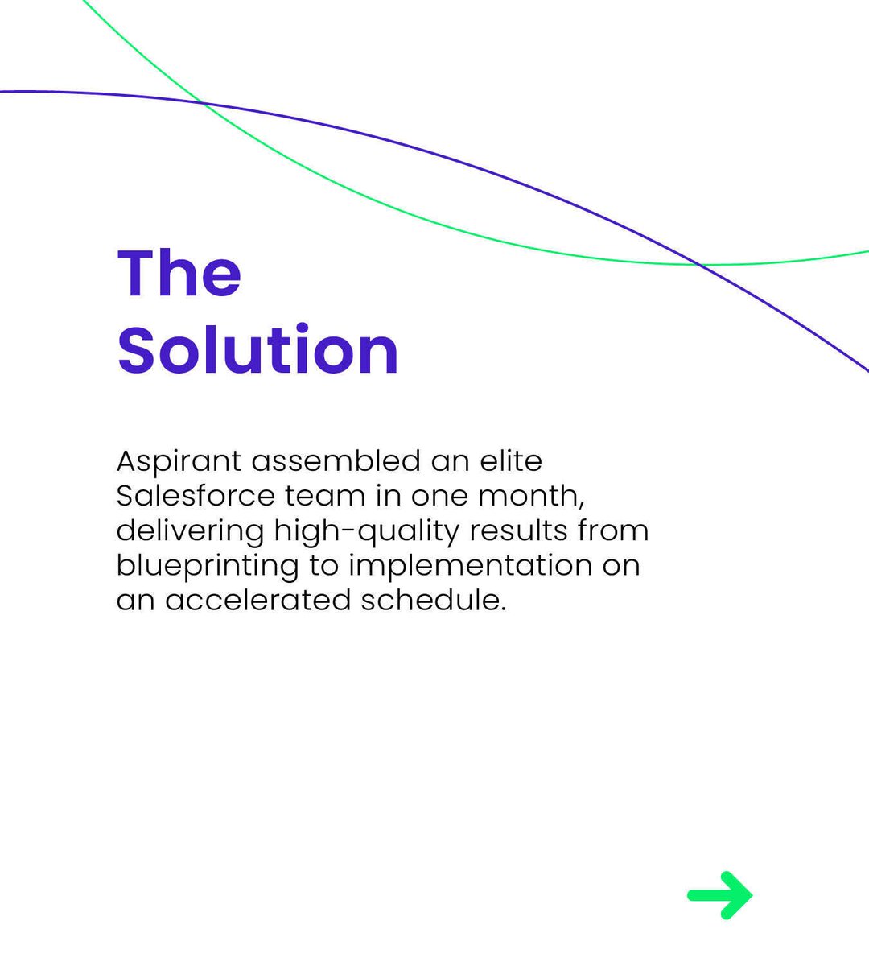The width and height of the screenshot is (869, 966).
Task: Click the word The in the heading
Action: [x=179, y=274]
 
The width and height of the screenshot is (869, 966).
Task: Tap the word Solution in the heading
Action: [x=258, y=350]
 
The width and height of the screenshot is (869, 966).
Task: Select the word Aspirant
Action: [x=179, y=462]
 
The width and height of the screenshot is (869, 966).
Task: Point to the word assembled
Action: [x=336, y=461]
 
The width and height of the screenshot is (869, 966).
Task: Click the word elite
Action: [x=511, y=461]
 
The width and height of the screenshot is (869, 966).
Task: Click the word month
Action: [x=531, y=497]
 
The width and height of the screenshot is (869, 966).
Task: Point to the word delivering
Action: [x=190, y=531]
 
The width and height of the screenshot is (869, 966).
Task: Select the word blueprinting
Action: [x=207, y=566]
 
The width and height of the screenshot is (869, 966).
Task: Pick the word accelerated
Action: [x=257, y=601]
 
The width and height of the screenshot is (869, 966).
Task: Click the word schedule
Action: [x=433, y=601]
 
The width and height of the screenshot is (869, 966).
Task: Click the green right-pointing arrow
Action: [x=720, y=894]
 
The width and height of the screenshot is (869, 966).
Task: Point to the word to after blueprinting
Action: [x=324, y=566]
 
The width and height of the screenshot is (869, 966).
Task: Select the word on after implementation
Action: [x=621, y=566]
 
